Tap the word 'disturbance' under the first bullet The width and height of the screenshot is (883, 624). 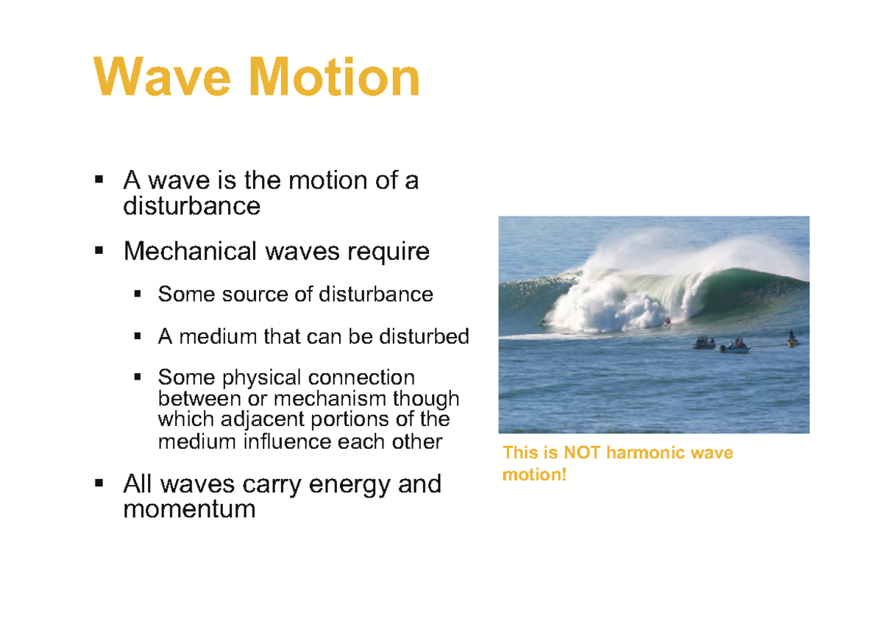(191, 206)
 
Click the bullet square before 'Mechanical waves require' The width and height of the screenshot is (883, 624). (99, 252)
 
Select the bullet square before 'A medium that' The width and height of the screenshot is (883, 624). (138, 337)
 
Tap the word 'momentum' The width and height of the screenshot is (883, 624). (189, 508)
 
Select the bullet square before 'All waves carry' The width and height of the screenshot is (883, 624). (99, 484)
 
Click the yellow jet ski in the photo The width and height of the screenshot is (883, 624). (792, 341)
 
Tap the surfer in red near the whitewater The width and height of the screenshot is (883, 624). (667, 320)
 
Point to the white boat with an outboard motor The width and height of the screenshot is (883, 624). (735, 347)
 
